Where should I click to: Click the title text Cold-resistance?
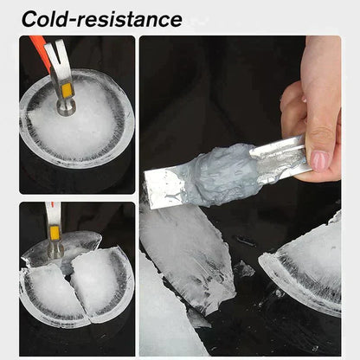(101, 18)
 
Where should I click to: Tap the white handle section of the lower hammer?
(52, 212)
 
